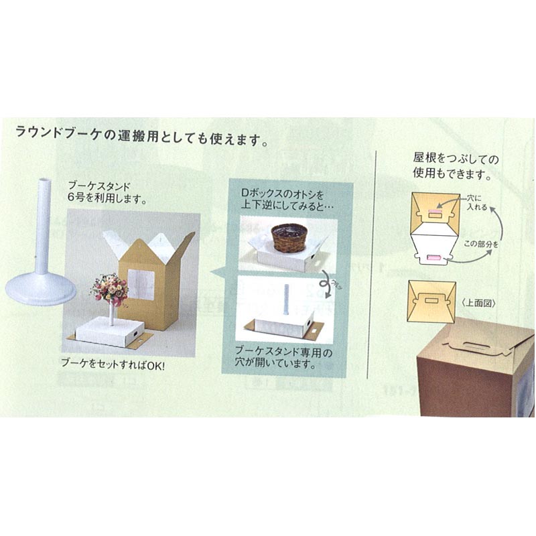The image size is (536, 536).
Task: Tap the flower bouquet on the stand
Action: click(x=110, y=289)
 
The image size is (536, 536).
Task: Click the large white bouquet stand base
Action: click(x=41, y=288)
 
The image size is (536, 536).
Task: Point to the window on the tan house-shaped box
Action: click(x=141, y=284)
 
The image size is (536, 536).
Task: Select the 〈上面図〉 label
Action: click(x=478, y=303)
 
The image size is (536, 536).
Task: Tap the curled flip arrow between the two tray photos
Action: click(x=326, y=283)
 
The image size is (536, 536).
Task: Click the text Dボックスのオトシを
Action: click(x=282, y=194)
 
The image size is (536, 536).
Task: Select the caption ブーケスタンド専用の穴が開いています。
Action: click(x=283, y=358)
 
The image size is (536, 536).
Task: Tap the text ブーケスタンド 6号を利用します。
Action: click(x=107, y=192)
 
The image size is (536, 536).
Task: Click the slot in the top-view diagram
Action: click(x=431, y=300)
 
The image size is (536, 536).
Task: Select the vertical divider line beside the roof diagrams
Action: click(x=375, y=264)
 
